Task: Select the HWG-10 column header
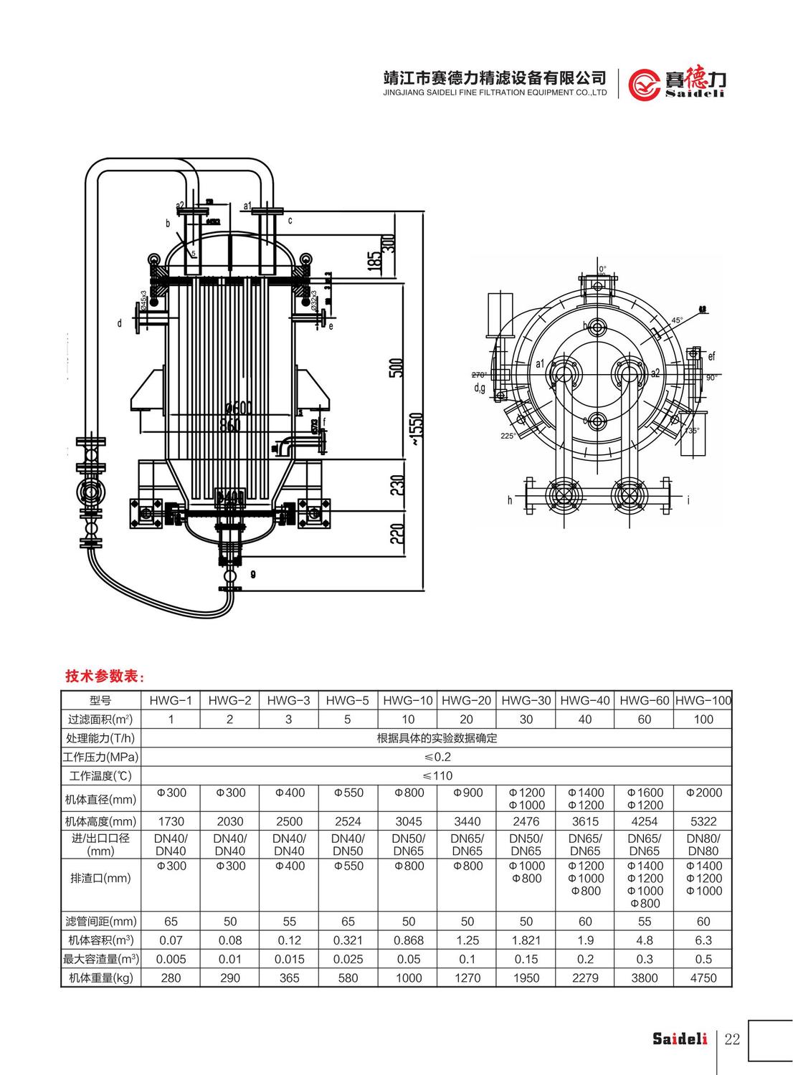408,700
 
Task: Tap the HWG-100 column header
703,700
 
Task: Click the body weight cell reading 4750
703,978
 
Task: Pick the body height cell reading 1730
171,821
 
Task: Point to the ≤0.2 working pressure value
437,757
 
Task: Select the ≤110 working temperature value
437,775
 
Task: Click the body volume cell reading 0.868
408,940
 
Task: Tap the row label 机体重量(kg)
100,978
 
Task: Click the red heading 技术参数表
105,676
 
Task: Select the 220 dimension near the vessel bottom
399,533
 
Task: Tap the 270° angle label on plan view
479,375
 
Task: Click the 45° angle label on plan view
677,320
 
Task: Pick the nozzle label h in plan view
510,500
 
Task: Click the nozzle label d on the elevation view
120,323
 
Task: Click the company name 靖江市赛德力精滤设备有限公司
495,77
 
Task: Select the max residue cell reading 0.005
171,959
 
